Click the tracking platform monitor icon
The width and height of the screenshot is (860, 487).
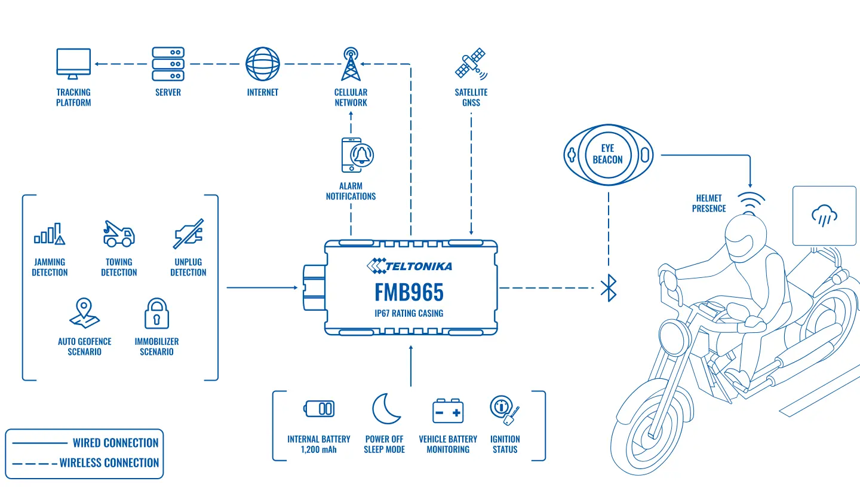click(x=73, y=63)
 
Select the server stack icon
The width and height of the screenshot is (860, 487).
click(x=168, y=64)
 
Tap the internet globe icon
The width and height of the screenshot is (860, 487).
click(x=263, y=64)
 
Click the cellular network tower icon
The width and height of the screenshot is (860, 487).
click(x=351, y=64)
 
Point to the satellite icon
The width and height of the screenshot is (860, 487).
click(x=471, y=63)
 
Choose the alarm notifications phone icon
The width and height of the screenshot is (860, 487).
click(x=357, y=155)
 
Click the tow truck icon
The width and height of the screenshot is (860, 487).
click(x=119, y=234)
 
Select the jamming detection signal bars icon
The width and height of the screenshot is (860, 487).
click(x=49, y=234)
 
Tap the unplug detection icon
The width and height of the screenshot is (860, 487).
click(x=188, y=234)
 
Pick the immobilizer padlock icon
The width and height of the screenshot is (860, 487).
click(x=156, y=313)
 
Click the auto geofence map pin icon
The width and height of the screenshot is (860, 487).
click(x=84, y=313)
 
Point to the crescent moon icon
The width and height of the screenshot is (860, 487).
click(x=385, y=409)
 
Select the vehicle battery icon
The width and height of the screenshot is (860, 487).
click(x=448, y=411)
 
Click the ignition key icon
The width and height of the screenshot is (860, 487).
click(x=505, y=410)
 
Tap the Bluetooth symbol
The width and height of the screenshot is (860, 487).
click(x=609, y=287)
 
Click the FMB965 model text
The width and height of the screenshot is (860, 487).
click(x=409, y=292)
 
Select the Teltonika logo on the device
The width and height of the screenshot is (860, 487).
click(x=409, y=266)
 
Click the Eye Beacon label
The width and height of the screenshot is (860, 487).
click(x=608, y=154)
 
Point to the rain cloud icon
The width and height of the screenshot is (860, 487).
click(x=824, y=216)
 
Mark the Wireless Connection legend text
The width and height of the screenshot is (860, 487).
click(x=109, y=463)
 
